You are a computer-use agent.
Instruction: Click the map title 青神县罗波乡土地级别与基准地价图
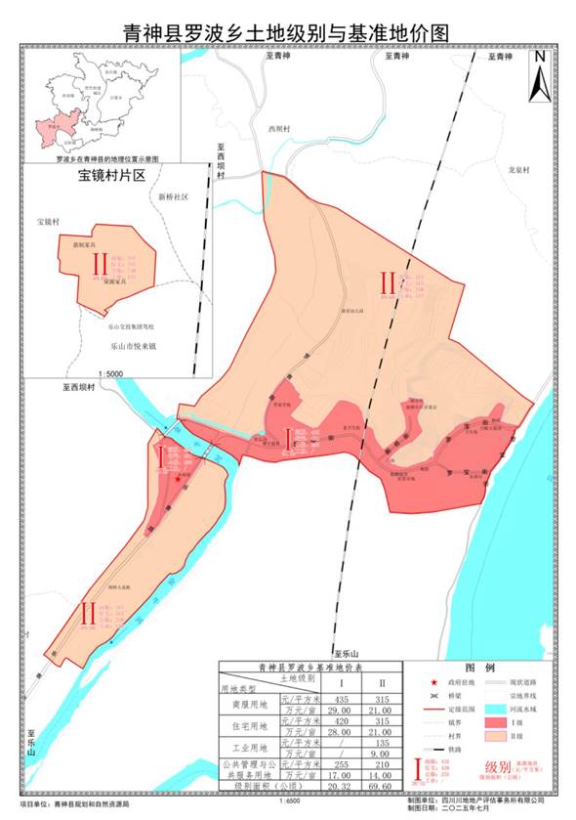287,32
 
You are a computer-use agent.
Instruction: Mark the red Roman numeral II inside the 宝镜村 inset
97,264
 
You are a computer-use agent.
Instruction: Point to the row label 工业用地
249,747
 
